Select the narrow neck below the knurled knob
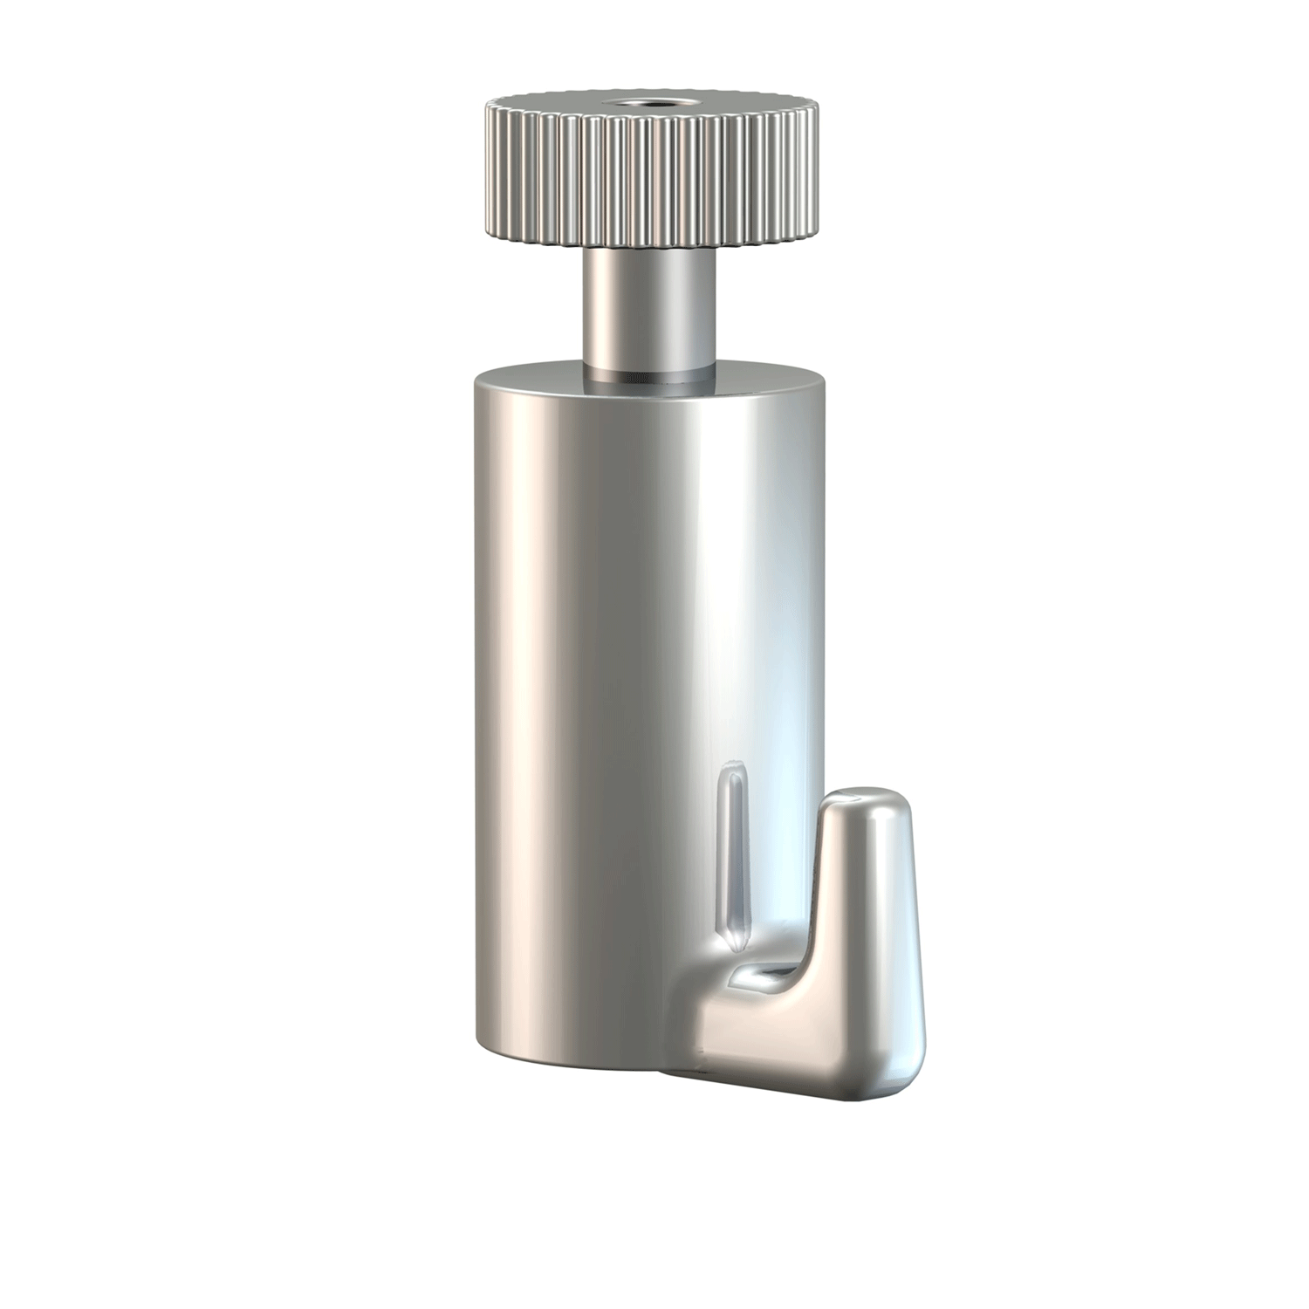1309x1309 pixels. [x=649, y=305]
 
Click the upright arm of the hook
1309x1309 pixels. [x=864, y=899]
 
